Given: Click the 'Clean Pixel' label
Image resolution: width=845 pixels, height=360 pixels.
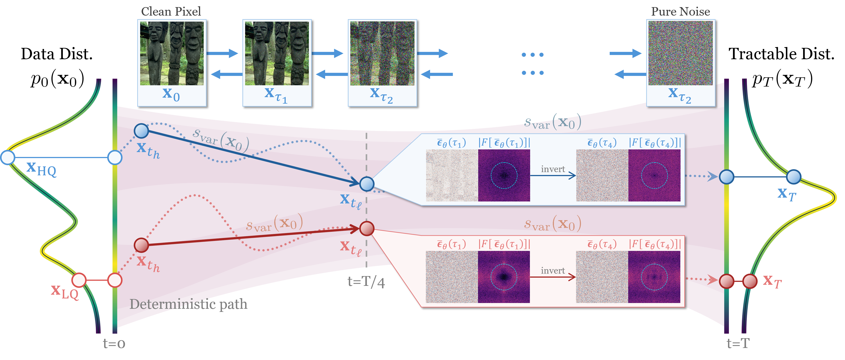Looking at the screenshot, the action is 171,12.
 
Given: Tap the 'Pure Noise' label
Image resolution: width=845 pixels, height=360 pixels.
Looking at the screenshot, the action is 680,12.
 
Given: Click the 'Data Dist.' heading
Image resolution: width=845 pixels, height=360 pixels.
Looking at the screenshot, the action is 57,54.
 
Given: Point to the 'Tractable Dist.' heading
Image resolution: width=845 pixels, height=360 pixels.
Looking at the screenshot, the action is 781,54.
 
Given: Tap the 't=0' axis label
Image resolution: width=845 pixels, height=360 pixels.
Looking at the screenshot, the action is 114,344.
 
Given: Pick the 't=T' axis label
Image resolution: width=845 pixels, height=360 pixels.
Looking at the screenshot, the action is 738,343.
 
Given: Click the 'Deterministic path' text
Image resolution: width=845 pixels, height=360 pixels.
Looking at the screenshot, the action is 188,304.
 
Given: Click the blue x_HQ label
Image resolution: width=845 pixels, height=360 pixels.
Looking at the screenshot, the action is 41,169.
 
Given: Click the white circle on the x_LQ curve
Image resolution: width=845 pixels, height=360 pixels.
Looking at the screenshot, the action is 79,280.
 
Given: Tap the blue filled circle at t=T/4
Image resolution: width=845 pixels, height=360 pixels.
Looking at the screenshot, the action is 367,184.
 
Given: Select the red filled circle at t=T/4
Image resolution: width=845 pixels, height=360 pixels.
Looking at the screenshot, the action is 367,228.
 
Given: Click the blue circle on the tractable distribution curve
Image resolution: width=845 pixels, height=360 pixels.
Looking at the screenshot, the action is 794,177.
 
